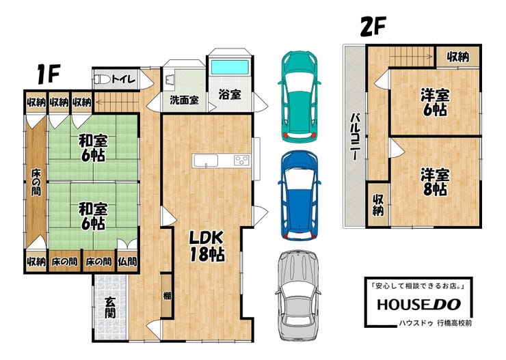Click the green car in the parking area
(x=299, y=97)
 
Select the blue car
(x=299, y=195)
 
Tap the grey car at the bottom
(x=298, y=296)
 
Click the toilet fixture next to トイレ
(x=103, y=79)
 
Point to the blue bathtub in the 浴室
(x=230, y=67)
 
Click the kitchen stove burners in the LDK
(x=241, y=160)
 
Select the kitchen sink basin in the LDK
(x=206, y=161)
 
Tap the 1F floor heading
(x=49, y=74)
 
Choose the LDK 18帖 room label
(x=207, y=246)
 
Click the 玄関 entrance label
(x=110, y=307)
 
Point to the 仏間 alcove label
(x=127, y=262)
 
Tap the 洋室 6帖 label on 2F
(x=435, y=102)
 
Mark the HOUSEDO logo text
(x=418, y=305)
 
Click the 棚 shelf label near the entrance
(x=167, y=295)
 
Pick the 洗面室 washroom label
(x=184, y=100)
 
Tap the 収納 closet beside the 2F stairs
(x=458, y=57)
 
